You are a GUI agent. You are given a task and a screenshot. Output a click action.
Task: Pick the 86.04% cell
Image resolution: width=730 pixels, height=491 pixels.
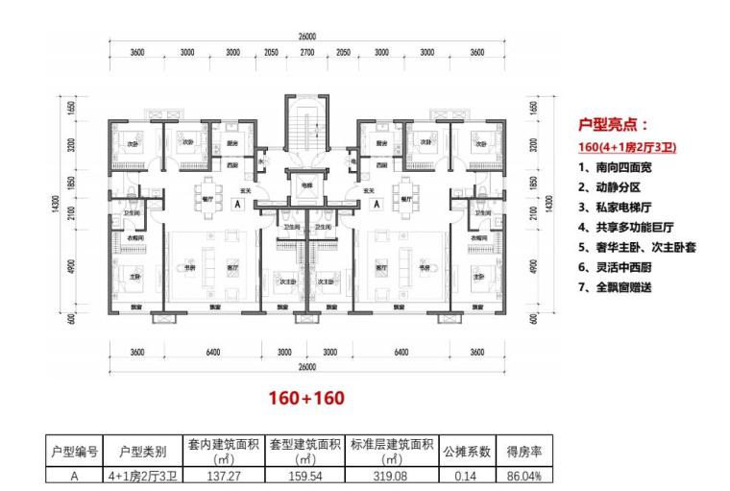click(523, 475)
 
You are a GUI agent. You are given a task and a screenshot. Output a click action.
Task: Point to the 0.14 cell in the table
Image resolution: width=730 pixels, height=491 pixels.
click(466, 475)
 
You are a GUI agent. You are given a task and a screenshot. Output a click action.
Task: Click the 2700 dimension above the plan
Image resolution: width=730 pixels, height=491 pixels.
click(307, 53)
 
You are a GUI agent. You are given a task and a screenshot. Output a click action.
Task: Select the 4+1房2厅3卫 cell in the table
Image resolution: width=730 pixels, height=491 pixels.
click(142, 475)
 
